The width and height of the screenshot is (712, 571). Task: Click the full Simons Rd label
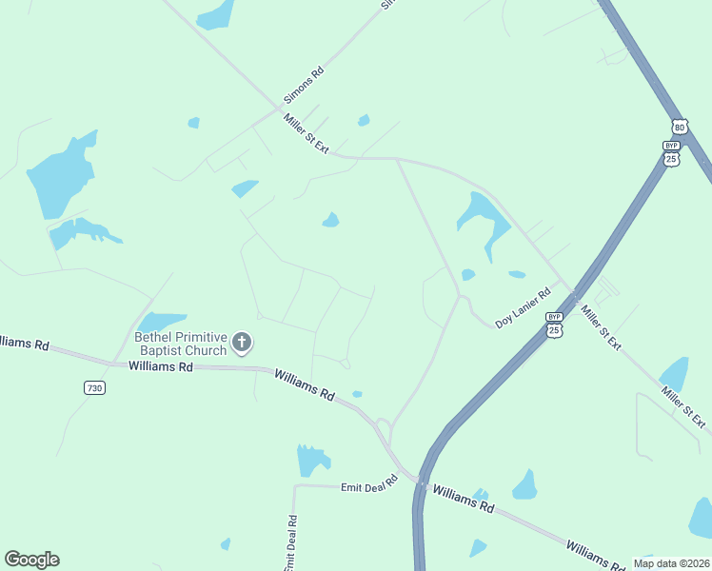(x=304, y=86)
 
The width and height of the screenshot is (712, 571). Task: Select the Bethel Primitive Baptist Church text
(x=180, y=344)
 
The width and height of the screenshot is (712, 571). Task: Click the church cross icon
(x=243, y=342)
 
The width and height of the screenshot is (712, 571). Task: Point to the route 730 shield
(x=94, y=387)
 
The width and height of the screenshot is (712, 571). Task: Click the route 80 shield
(x=679, y=127)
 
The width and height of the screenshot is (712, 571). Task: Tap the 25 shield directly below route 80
(x=672, y=154)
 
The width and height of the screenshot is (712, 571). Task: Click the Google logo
(x=31, y=560)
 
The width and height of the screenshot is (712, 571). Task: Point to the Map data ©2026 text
(x=670, y=563)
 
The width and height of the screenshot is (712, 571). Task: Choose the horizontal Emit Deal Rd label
(x=368, y=486)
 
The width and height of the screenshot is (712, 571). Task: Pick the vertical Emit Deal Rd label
(x=291, y=543)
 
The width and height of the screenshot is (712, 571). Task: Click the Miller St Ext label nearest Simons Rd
(x=306, y=133)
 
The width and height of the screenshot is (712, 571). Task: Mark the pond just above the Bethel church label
(x=162, y=321)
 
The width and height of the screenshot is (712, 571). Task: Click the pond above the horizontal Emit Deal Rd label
(x=311, y=461)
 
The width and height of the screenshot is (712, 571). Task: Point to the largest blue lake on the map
(x=62, y=176)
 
